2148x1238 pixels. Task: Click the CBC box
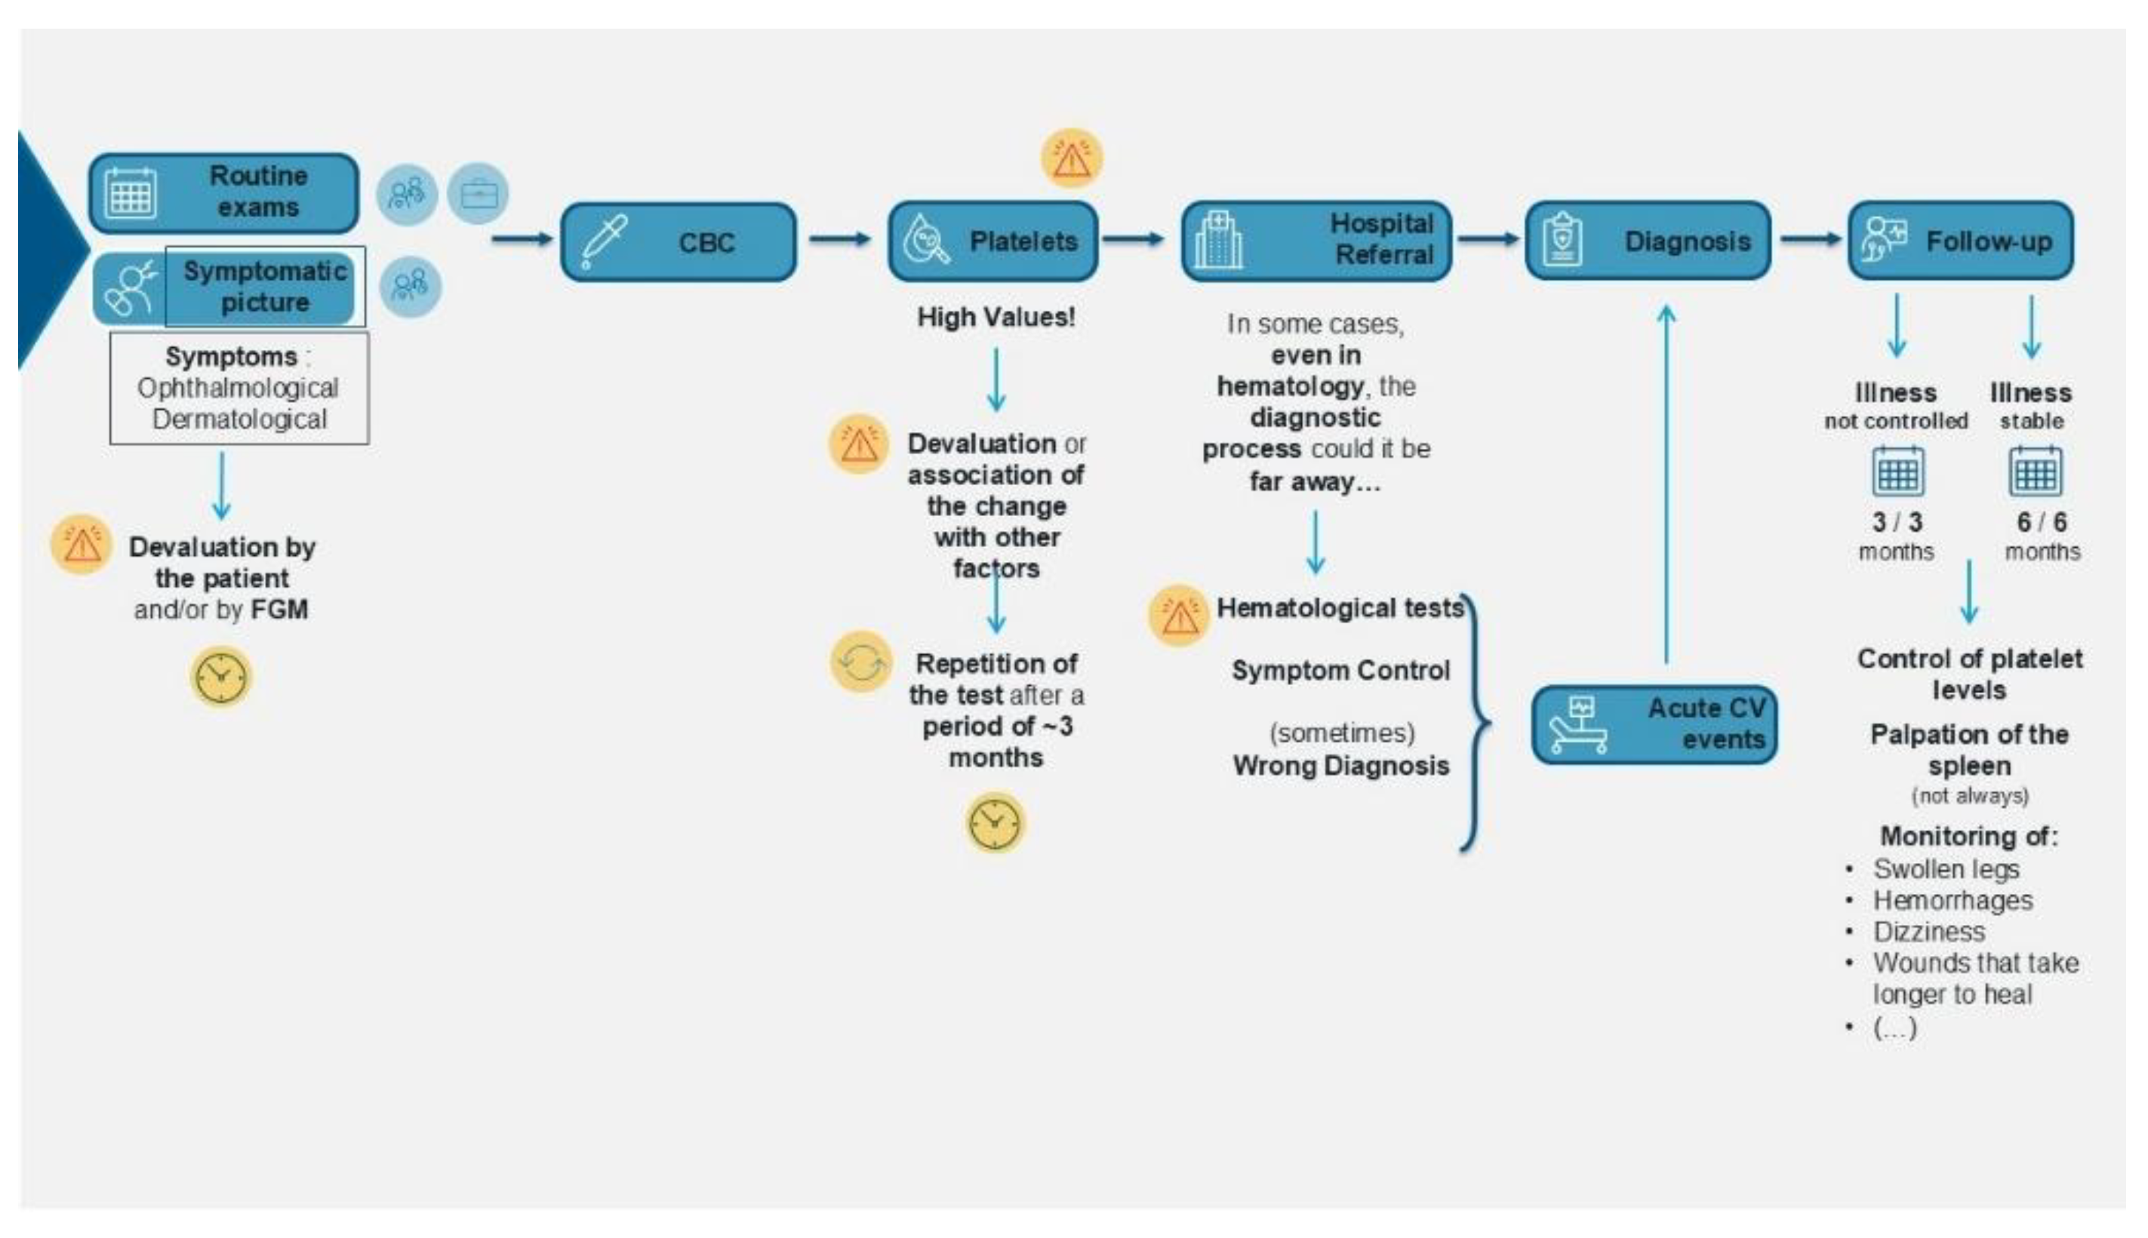click(x=678, y=242)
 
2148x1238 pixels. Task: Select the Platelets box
click(x=992, y=241)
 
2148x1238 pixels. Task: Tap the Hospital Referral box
click(x=1316, y=241)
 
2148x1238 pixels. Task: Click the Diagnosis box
click(x=1647, y=241)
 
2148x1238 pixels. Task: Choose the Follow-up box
click(x=1960, y=241)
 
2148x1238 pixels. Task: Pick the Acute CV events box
click(x=1654, y=724)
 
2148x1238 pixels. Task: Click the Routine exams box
click(x=223, y=192)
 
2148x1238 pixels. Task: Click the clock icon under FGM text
click(x=220, y=677)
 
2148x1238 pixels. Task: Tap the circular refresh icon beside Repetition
click(x=860, y=662)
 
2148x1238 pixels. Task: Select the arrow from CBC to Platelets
click(x=839, y=239)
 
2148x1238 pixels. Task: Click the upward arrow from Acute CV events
click(x=1666, y=484)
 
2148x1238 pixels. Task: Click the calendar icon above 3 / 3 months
click(x=1897, y=472)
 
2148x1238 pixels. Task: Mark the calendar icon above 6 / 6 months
click(x=2034, y=472)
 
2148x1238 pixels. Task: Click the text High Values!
click(x=996, y=317)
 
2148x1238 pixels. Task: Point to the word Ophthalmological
click(x=237, y=388)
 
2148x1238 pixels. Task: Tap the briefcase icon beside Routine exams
click(x=478, y=194)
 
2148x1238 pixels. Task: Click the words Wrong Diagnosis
click(x=1340, y=765)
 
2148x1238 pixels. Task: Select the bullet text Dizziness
click(x=1928, y=931)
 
